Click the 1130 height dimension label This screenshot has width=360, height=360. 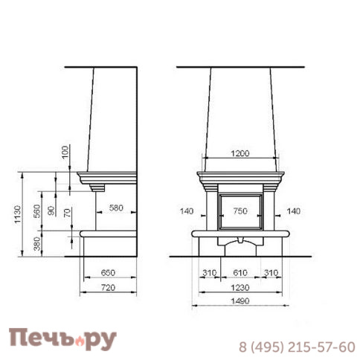pos(18,214)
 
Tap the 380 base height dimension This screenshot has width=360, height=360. pos(37,243)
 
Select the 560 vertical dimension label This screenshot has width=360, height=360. pos(37,211)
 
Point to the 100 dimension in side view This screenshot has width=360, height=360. pos(65,152)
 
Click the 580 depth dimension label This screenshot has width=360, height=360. pos(116,208)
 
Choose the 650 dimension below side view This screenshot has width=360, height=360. pos(108,273)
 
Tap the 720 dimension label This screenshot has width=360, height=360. pos(108,288)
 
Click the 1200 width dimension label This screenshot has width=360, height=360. pos(240,153)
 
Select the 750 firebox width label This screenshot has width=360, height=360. pos(240,211)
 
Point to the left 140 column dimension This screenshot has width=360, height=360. pos(187,211)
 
